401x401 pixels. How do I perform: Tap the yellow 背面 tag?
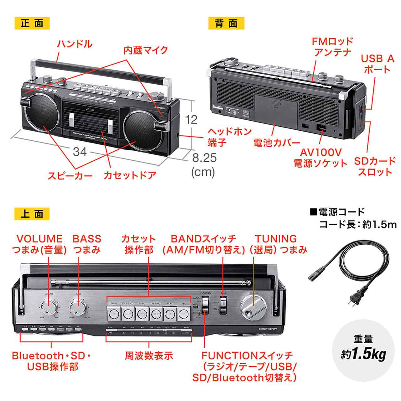226,23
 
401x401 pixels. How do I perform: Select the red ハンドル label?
75,44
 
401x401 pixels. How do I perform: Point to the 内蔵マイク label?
145,50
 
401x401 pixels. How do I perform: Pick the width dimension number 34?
80,152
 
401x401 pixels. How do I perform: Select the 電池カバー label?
277,143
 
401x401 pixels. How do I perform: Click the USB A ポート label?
377,64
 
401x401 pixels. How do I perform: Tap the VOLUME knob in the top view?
49,309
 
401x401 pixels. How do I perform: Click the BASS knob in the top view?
78,309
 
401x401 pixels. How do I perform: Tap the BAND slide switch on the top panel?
223,305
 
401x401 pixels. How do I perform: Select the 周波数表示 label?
149,356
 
